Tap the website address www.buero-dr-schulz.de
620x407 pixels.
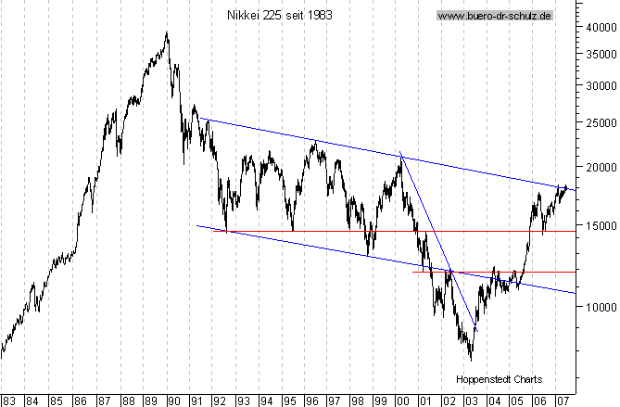495,16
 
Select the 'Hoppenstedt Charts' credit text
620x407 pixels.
499,379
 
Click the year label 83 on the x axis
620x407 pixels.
8,401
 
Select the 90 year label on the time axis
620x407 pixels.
172,401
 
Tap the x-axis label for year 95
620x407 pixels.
289,401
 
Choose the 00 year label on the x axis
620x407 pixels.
400,401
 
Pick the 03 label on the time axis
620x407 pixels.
470,401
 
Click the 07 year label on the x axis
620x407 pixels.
563,401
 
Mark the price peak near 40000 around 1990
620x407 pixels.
167,33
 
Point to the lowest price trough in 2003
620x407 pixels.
471,360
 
